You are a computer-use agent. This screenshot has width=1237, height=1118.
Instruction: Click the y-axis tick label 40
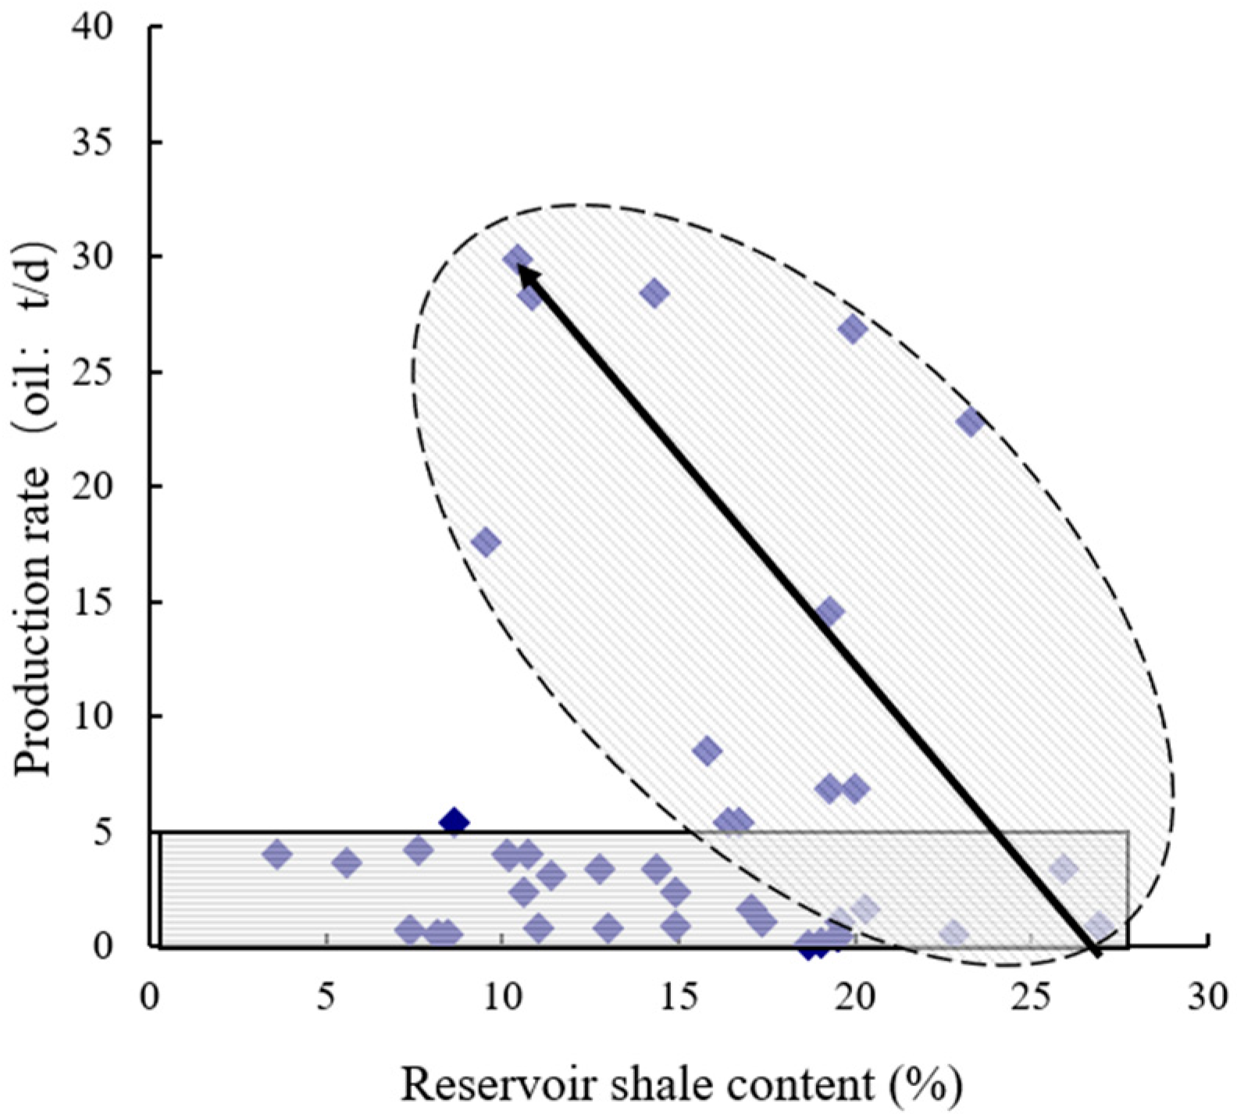click(93, 28)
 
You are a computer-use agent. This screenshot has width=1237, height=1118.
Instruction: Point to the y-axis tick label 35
click(93, 143)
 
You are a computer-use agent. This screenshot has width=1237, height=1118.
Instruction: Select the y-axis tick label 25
click(93, 373)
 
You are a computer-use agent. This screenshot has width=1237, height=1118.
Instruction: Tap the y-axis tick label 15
click(93, 602)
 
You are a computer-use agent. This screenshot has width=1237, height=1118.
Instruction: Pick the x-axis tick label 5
click(326, 998)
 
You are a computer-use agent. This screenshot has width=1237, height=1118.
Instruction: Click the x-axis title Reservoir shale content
click(680, 1084)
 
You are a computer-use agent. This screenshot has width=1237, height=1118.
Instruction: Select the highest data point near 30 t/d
click(517, 259)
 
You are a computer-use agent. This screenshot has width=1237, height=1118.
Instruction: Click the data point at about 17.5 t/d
click(485, 542)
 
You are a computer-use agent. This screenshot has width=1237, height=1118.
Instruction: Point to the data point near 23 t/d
click(970, 423)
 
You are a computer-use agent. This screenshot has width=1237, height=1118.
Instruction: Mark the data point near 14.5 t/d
click(829, 612)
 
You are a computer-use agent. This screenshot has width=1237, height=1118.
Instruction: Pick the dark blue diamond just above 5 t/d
click(454, 822)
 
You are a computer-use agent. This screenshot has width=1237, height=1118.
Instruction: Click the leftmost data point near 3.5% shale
click(277, 855)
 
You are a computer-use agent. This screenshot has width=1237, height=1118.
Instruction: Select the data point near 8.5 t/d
click(708, 751)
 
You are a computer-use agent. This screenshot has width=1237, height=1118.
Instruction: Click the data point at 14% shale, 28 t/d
click(654, 294)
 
